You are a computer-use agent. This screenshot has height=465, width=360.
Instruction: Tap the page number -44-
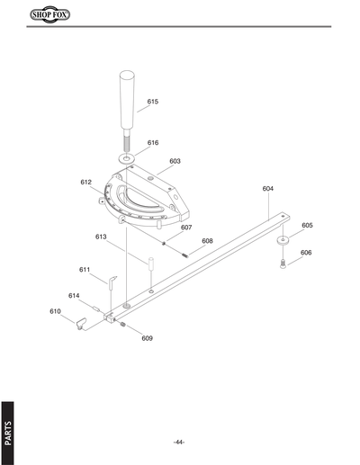(179, 442)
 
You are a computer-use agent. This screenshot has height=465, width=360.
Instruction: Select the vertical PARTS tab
(9, 431)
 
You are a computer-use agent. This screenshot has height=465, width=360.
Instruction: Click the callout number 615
(153, 102)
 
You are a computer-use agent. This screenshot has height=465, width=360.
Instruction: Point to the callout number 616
(153, 143)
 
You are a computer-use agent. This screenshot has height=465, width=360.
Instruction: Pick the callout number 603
(175, 161)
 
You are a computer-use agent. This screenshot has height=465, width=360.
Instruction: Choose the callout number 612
(85, 182)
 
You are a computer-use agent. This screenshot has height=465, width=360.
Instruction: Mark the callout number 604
(268, 189)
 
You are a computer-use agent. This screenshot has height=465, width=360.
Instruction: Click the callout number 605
(307, 225)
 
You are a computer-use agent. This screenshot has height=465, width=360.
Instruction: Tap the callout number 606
(306, 253)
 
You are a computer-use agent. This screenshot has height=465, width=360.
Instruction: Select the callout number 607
(186, 228)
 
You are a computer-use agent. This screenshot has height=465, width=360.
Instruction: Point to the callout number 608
(207, 241)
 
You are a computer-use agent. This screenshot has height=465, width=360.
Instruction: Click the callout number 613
(102, 237)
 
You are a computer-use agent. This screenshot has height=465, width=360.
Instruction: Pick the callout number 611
(85, 269)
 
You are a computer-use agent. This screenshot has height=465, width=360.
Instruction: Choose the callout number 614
(74, 295)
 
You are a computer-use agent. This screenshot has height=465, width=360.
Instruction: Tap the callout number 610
(55, 310)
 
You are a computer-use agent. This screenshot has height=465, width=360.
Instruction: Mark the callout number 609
(147, 338)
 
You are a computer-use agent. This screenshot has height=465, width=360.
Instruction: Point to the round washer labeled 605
(283, 241)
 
